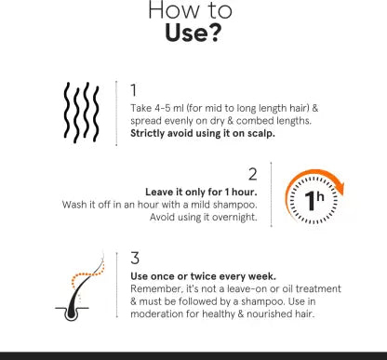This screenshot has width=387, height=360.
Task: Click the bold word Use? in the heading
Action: (193, 33)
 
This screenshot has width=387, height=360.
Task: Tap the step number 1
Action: (134, 90)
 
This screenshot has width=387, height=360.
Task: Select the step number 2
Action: (253, 174)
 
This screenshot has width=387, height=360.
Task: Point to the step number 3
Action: (135, 258)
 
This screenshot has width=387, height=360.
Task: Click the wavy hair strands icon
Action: (82, 113)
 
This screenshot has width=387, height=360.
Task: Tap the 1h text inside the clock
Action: (314, 200)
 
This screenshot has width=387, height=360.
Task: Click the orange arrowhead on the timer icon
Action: (339, 187)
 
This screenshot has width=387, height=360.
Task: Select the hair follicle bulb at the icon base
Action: (72, 313)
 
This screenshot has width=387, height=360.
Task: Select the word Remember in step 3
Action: (156, 289)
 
